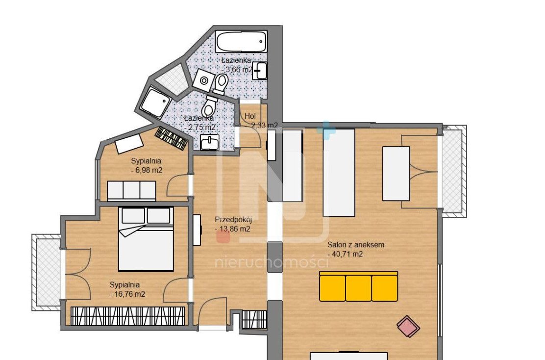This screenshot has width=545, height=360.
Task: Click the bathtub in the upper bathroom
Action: tap(241, 42)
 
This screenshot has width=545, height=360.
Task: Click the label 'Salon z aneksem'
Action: tap(356, 245)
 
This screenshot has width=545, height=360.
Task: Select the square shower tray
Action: tap(154, 103)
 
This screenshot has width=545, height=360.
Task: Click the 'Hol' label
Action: tap(250, 116)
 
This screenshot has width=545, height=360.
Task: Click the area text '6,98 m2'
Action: tap(148, 170)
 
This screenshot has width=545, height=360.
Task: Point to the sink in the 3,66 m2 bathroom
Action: tap(260, 71)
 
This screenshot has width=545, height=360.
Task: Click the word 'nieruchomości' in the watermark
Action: tap(272, 262)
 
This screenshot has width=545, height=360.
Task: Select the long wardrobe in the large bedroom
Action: tap(128, 316)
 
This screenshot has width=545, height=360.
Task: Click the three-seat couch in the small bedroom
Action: tap(131, 190)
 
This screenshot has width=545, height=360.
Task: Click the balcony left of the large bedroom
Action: tap(47, 272)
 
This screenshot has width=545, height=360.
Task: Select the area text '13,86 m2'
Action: tap(234, 229)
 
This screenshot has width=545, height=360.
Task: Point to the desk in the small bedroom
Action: tap(129, 144)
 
